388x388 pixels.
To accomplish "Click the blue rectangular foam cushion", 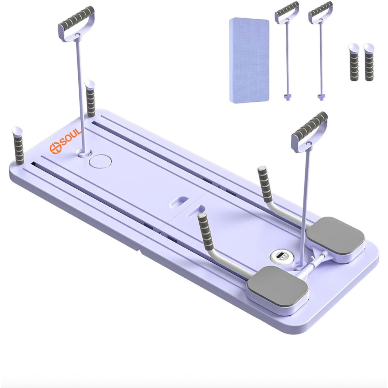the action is point(249,60).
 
